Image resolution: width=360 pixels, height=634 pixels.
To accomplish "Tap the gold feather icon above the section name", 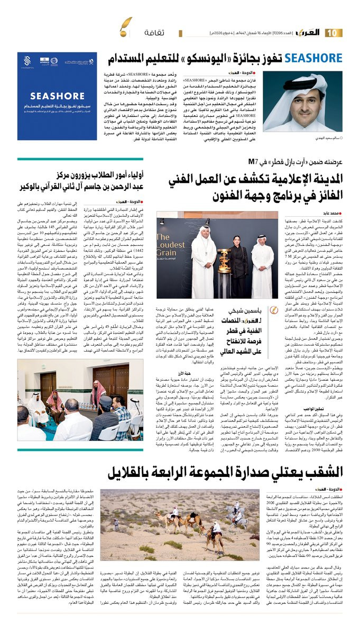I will pyautogui.click(x=126, y=24).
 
